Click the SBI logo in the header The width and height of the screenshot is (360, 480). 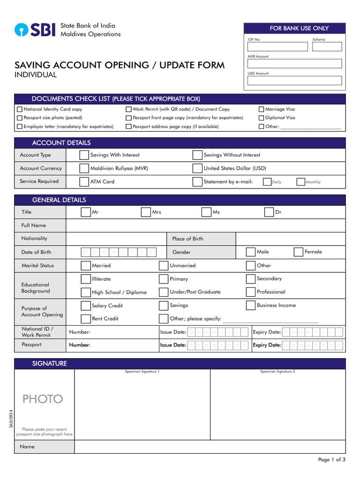(35, 30)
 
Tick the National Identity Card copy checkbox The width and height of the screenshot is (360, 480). (19, 109)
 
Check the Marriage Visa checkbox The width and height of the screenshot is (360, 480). (261, 109)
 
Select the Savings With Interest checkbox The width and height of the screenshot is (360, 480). (84, 155)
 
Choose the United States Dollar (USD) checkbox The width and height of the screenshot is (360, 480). (197, 168)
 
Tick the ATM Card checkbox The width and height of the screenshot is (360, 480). (84, 181)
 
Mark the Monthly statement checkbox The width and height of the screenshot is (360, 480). (300, 182)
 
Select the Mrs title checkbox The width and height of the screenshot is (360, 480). (146, 212)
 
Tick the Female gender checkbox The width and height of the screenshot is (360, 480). (298, 252)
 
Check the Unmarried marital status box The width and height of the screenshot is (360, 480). (163, 266)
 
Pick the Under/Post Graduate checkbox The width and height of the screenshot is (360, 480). (163, 292)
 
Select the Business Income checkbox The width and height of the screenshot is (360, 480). (250, 306)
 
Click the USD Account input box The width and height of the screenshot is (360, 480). (294, 81)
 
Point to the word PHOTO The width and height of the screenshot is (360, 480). (43, 399)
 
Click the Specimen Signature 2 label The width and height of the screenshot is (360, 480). (277, 372)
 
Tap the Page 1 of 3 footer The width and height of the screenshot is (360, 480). (331, 459)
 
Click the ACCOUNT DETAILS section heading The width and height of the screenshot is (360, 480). (61, 143)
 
